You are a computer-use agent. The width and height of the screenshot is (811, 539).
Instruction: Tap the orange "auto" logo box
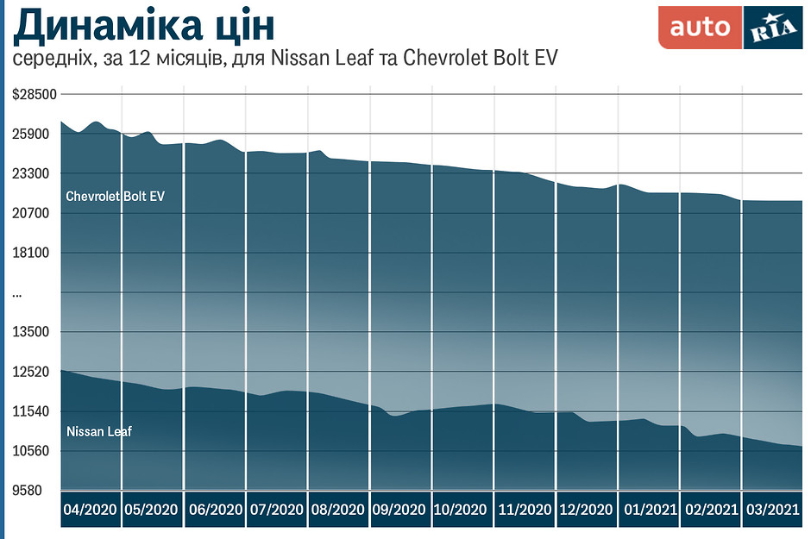700,28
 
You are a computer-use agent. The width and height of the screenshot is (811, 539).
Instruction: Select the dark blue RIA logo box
772,28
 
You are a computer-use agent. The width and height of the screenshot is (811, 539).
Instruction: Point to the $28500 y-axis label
34,95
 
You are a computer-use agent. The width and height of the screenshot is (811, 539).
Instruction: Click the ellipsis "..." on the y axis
17,294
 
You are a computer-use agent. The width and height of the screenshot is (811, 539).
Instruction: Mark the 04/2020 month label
91,510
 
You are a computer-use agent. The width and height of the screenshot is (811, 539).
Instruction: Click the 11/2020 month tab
525,510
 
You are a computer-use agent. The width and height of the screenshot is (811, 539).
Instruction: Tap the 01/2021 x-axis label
649,510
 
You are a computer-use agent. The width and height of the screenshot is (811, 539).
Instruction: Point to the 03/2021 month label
773,510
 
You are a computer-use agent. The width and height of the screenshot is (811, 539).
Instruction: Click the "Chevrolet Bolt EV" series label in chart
115,197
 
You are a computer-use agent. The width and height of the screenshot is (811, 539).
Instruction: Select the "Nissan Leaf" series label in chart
98,430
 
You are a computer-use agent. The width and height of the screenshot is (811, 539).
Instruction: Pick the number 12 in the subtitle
137,59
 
